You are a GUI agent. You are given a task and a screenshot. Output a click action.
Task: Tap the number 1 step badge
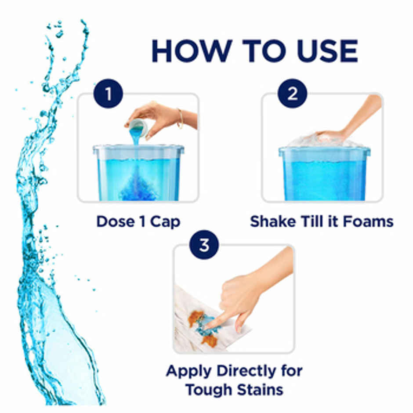(x=108, y=93)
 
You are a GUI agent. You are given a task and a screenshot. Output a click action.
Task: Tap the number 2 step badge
(x=292, y=93)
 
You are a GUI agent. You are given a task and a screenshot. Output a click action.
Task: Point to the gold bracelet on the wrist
(x=180, y=118)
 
